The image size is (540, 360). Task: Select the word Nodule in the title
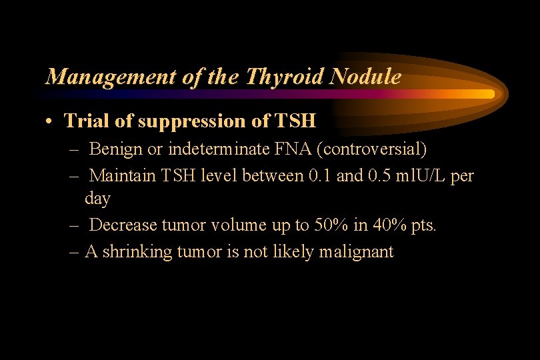[x=365, y=77]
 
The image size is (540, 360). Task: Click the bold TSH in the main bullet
[x=294, y=121]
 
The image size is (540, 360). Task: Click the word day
[x=97, y=199]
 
